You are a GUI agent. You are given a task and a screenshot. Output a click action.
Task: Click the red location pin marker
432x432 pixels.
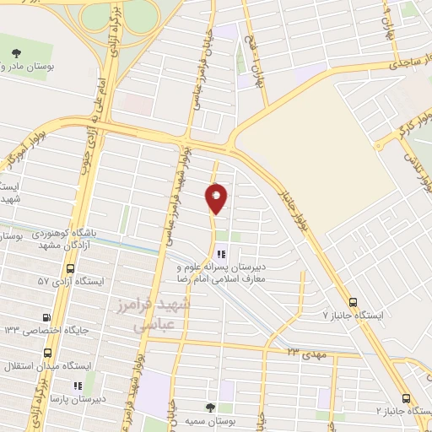tap(216, 198)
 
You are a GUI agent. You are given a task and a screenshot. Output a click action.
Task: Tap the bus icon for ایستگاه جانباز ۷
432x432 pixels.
tap(353, 300)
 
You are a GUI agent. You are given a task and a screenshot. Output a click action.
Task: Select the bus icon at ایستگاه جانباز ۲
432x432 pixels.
tap(407, 398)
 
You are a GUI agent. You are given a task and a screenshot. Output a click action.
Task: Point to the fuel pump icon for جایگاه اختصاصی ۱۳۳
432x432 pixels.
tap(46, 316)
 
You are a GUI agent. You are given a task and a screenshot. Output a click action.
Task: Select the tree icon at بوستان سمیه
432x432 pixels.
tap(211, 408)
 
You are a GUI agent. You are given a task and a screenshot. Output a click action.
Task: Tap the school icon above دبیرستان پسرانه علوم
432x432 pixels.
tap(220, 252)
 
